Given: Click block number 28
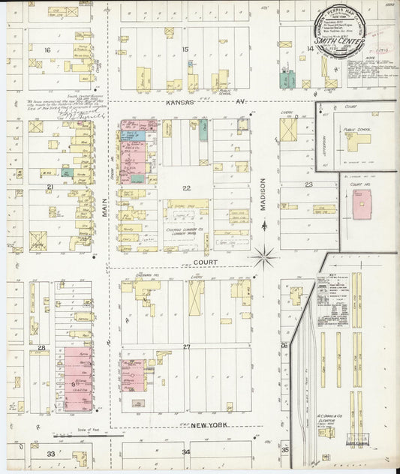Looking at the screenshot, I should pos(41,348).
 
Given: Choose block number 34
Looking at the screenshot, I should pos(185,452).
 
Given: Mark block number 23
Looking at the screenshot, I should pos(308,184).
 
